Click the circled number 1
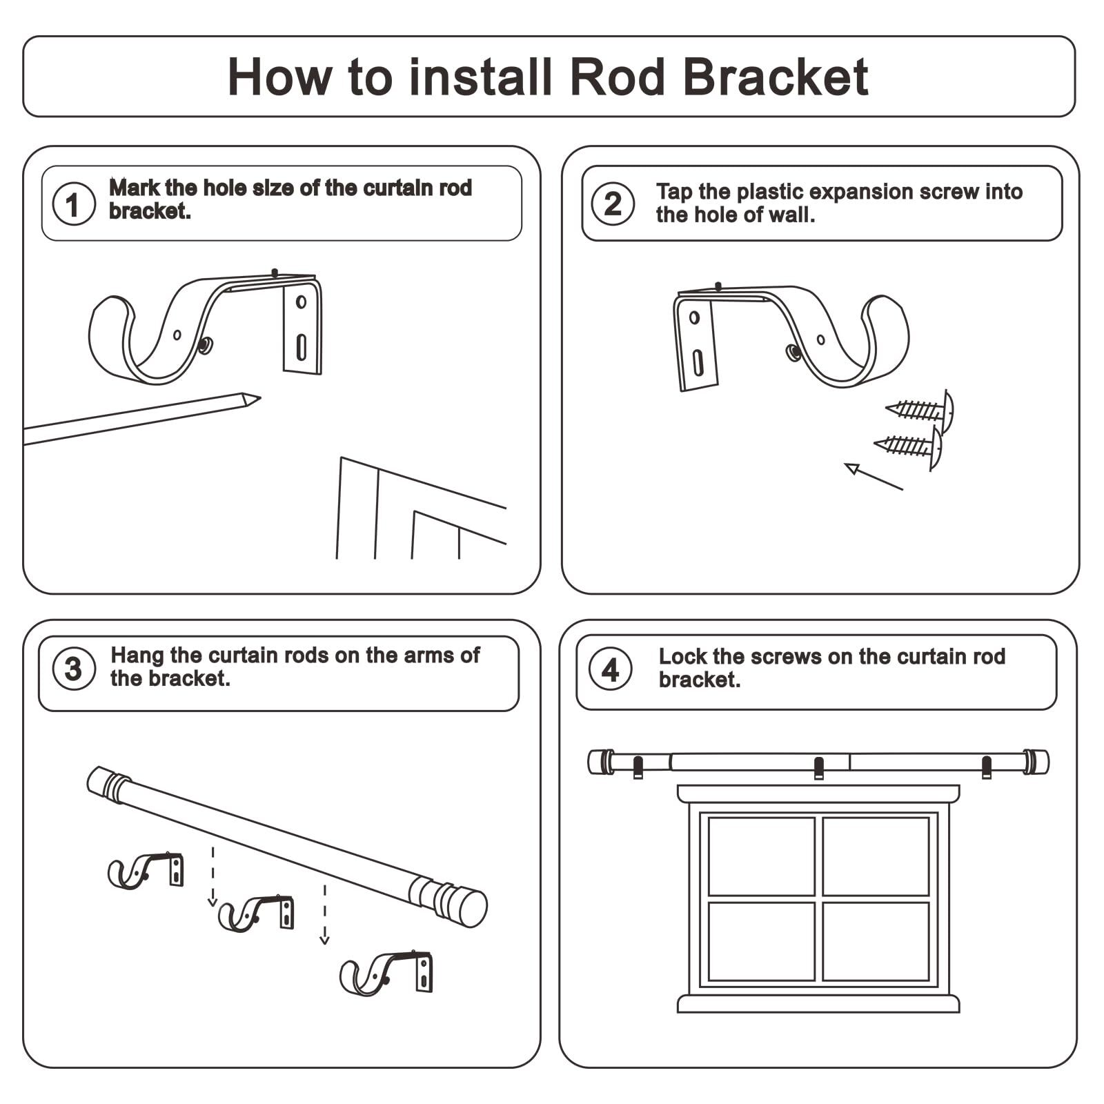74,204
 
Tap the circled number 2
613,204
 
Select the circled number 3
74,669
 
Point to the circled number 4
611,669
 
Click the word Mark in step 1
135,188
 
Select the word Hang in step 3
137,655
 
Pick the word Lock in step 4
683,656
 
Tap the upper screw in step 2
920,411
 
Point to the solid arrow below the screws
874,477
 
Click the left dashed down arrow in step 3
213,876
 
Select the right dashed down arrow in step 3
324,914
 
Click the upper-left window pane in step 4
762,856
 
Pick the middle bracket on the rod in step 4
819,768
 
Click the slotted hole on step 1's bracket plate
302,347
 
